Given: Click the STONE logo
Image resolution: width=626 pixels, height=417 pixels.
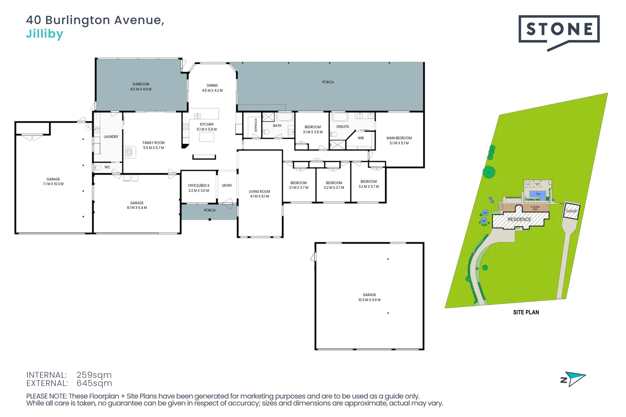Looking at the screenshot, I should (559, 30).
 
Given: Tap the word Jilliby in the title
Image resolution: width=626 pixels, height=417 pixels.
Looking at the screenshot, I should (44, 34).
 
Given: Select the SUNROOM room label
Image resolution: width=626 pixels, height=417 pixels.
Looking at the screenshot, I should (141, 84).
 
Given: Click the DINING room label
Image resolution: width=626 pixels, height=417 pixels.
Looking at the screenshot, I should (212, 86).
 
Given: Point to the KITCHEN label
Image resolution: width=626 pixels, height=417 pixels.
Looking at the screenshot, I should (207, 124).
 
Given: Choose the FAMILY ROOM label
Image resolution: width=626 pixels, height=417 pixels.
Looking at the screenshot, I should (153, 143).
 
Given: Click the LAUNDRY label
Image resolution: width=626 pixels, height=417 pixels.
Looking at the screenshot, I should (111, 137).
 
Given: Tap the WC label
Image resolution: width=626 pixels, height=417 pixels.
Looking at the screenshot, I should (107, 167).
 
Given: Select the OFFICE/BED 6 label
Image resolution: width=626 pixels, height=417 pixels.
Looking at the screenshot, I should (199, 186).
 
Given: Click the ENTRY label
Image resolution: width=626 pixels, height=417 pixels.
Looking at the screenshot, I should (227, 186).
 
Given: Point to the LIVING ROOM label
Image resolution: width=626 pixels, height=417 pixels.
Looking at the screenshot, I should (259, 192).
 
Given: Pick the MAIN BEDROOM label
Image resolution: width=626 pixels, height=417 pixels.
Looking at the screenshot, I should (399, 138).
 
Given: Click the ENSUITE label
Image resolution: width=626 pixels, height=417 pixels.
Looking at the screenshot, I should (343, 127).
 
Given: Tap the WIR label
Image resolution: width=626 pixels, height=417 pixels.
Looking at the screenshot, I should (361, 138).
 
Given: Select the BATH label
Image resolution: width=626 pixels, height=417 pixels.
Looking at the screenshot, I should (277, 126).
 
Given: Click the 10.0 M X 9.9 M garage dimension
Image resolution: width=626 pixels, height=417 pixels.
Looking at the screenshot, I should (369, 300).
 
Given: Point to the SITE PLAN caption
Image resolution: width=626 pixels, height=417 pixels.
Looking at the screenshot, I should (526, 312).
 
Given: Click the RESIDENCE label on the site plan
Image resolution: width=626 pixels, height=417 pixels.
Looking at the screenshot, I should (519, 219).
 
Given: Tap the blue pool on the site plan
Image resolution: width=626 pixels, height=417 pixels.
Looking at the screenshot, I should (538, 195).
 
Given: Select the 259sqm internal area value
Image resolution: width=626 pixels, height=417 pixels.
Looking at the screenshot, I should (94, 375).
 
